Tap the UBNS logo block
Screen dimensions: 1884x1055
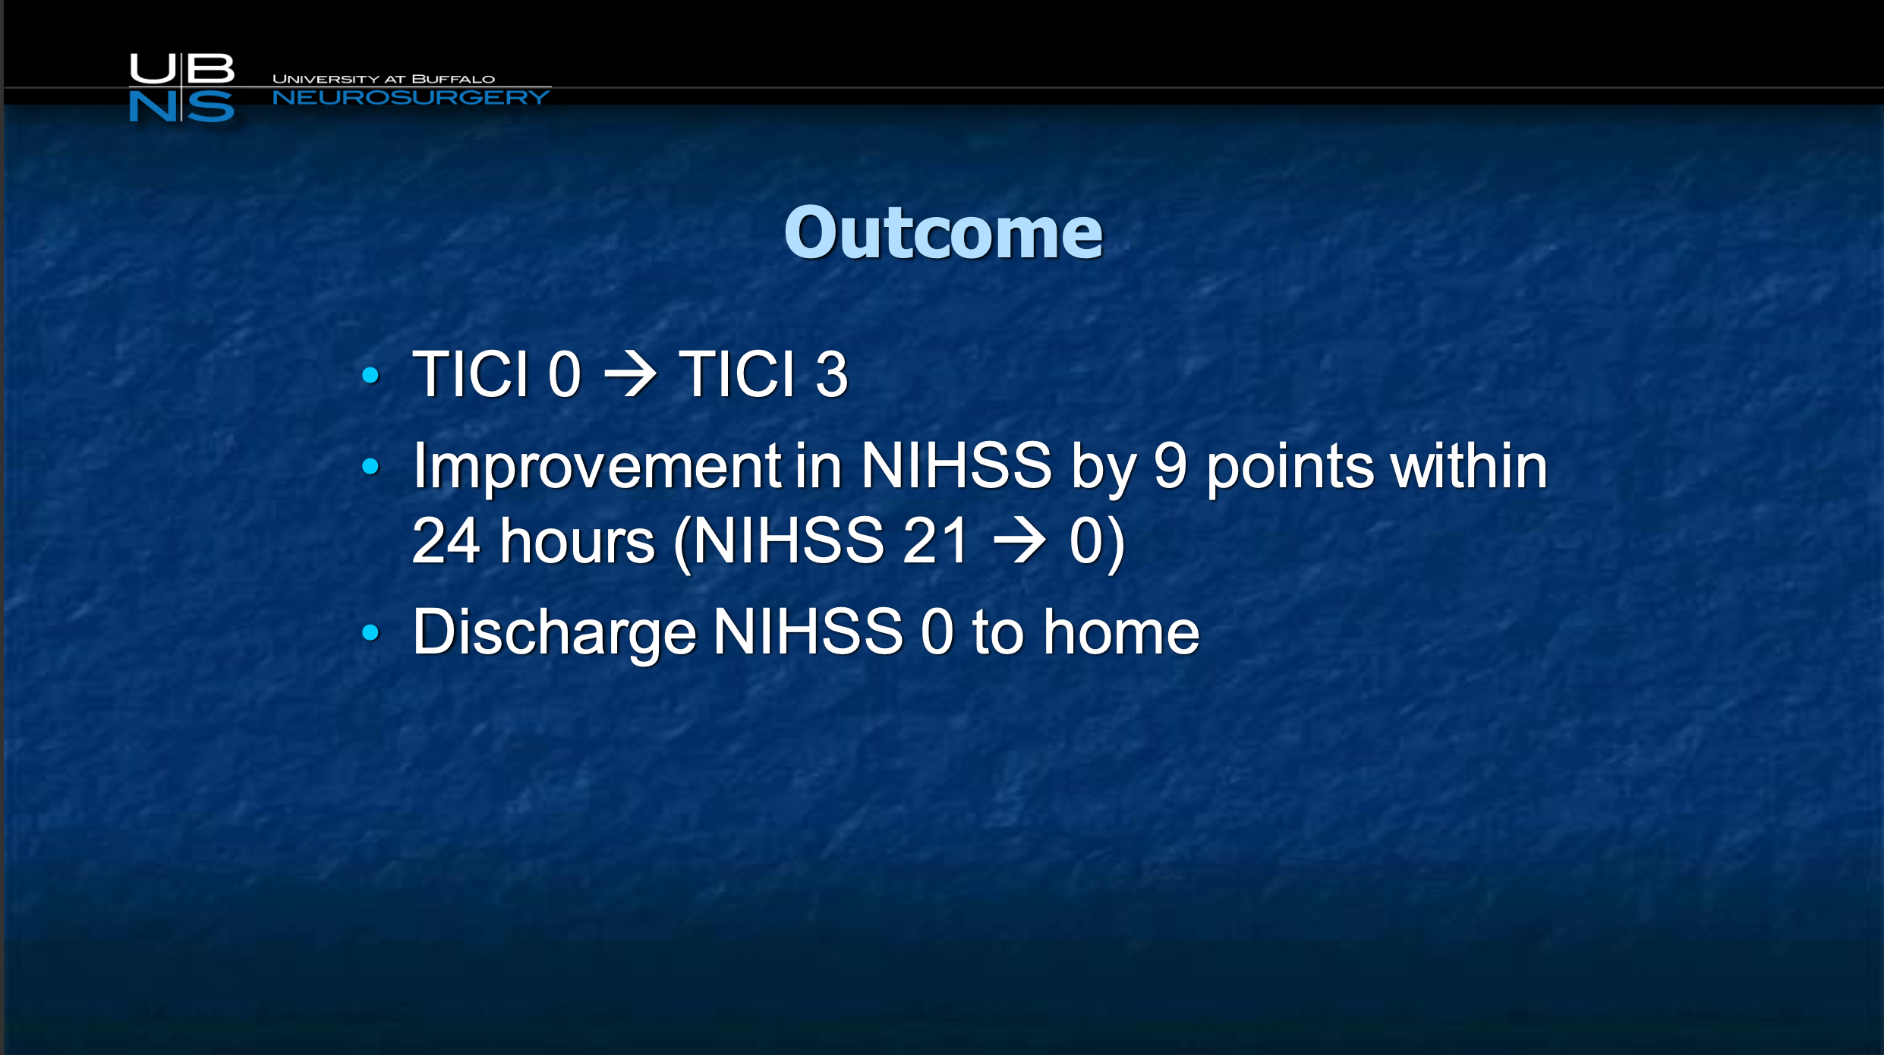pos(182,87)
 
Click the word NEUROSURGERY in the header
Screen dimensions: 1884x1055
pos(411,97)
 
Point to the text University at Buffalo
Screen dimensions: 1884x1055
pos(383,79)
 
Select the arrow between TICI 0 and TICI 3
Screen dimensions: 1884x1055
pos(629,374)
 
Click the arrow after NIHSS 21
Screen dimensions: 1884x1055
pos(1019,540)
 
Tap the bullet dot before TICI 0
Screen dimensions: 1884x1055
pos(370,374)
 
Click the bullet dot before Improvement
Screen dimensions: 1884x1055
pos(370,466)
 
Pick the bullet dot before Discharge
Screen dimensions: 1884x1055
pos(370,631)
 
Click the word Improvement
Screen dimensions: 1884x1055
pos(597,466)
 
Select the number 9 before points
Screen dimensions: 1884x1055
pos(1170,466)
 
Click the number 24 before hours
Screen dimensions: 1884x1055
pos(446,540)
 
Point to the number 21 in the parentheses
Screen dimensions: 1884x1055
pos(935,540)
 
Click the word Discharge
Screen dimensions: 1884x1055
pos(554,633)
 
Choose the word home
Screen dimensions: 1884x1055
pos(1121,631)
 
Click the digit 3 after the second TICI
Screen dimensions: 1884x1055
pos(831,374)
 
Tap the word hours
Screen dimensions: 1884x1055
pos(578,540)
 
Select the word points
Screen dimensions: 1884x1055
pos(1290,468)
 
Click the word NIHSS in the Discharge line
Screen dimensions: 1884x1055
pos(808,631)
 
